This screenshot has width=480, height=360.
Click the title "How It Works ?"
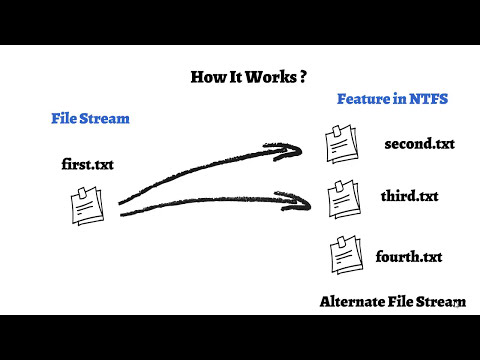pyautogui.click(x=248, y=77)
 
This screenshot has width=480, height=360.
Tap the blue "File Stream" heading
pyautogui.click(x=90, y=118)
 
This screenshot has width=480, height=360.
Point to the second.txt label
pyautogui.click(x=419, y=144)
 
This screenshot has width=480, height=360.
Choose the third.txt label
pyautogui.click(x=409, y=195)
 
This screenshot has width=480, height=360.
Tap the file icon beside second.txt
pyautogui.click(x=337, y=145)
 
